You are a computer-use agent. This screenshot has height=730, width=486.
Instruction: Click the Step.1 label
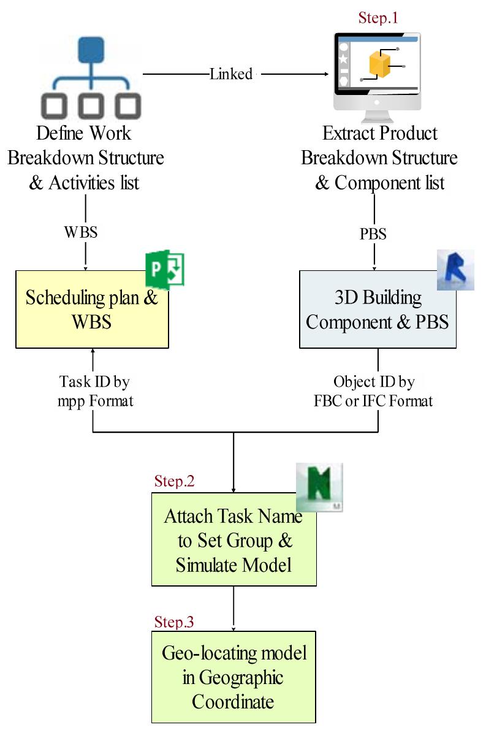click(x=378, y=18)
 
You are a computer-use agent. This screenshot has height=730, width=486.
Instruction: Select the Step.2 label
click(x=174, y=481)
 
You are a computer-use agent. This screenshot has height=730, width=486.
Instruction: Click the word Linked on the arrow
click(x=231, y=74)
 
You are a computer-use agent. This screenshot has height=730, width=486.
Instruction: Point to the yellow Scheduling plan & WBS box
click(x=92, y=310)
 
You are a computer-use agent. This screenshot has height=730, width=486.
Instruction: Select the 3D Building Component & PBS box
click(x=378, y=310)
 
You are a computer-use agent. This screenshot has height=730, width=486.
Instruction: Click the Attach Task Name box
click(x=234, y=540)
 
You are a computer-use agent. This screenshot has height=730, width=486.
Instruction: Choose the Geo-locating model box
click(x=234, y=677)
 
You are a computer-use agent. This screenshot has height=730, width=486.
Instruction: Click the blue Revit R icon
click(x=455, y=269)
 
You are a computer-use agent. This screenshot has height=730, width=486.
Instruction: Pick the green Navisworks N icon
click(x=319, y=487)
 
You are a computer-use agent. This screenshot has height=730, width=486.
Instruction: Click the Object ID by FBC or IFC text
click(x=374, y=391)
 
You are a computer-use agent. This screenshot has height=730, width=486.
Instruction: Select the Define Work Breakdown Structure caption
click(x=85, y=158)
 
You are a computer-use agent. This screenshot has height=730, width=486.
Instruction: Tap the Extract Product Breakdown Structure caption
click(x=379, y=158)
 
